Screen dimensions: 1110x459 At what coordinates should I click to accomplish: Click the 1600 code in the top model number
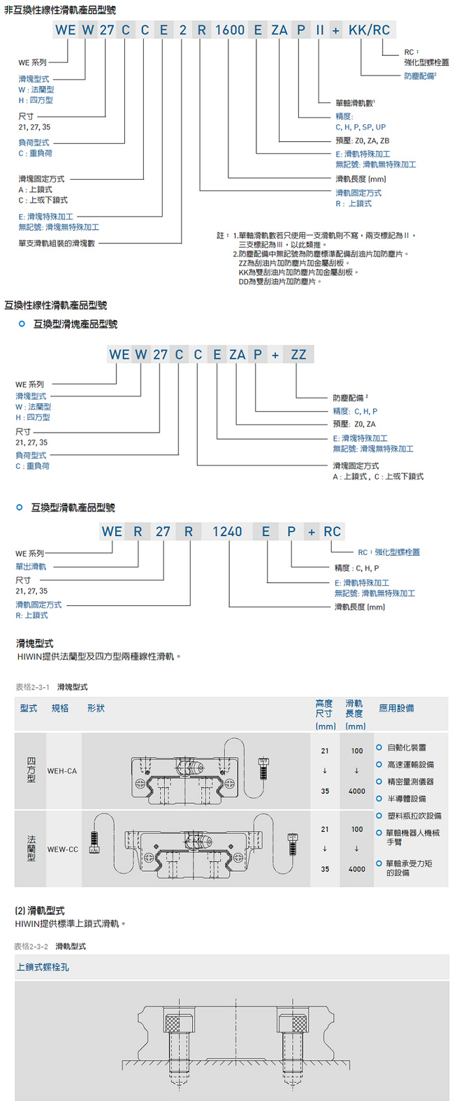coord(230,30)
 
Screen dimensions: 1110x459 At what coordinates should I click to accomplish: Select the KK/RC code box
coord(370,30)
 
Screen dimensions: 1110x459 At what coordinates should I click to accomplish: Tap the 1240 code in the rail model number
coord(227,532)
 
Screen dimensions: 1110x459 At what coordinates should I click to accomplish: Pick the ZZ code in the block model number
coord(298,354)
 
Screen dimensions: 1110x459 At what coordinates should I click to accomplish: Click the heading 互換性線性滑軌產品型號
coord(56,305)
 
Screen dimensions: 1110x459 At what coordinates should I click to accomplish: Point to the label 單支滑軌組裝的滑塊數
coord(57,244)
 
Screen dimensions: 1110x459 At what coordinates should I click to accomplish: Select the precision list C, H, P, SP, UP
coord(360,127)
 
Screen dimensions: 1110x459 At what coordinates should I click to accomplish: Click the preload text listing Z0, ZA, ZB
coord(363,140)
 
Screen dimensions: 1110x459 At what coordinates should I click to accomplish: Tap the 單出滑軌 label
coord(31,567)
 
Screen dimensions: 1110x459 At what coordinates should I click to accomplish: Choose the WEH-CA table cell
coord(62,771)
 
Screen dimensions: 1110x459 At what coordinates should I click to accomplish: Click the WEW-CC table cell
coord(63,849)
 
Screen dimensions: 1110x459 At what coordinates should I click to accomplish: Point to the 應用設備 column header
coord(396,708)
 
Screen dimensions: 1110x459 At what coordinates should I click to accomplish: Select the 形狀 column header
coord(96,708)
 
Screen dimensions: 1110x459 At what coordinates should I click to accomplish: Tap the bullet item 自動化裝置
coord(407,747)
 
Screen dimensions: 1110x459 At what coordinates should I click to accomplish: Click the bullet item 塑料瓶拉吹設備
coord(414,816)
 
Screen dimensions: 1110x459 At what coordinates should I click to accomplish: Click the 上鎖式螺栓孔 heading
coord(43,967)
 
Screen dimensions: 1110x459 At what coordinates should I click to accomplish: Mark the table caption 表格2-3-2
coord(31,946)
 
